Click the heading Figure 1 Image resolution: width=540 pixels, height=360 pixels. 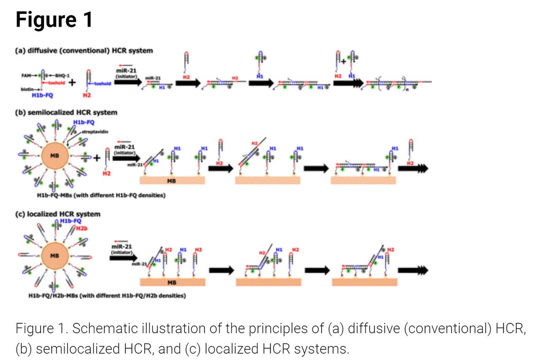pyautogui.click(x=54, y=19)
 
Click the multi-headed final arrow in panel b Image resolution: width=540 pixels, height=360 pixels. pyautogui.click(x=413, y=168)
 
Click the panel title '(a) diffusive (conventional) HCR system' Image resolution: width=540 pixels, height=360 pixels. pyautogui.click(x=84, y=51)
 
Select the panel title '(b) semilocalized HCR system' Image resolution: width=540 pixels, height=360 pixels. pyautogui.click(x=66, y=113)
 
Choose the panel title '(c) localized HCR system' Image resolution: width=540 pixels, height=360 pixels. pyautogui.click(x=58, y=214)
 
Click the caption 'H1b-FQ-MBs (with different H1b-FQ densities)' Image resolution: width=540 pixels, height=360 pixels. pyautogui.click(x=101, y=196)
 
